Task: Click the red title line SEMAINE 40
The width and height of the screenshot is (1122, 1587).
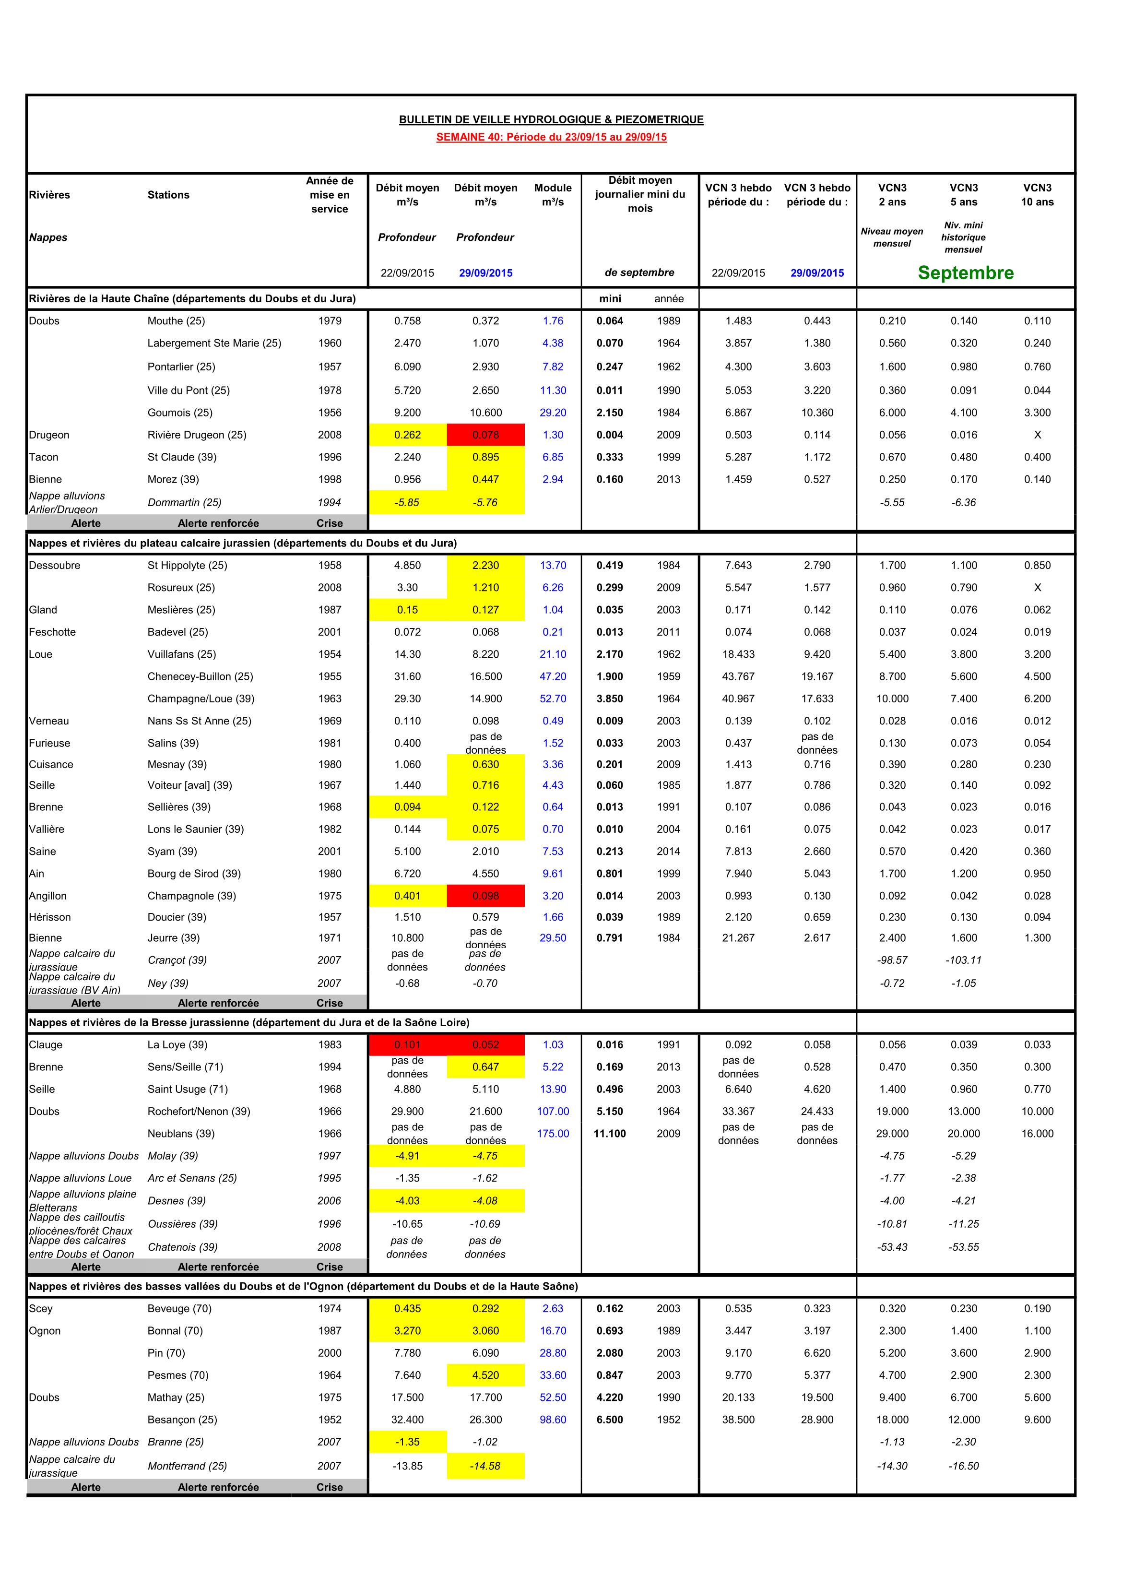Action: [x=551, y=137]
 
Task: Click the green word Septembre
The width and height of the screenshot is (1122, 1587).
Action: [x=965, y=273]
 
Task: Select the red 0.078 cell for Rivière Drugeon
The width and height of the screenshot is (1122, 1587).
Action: [x=485, y=435]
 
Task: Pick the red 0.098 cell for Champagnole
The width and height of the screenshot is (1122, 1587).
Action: [x=485, y=896]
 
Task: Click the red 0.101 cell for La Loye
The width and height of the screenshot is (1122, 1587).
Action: [x=407, y=1044]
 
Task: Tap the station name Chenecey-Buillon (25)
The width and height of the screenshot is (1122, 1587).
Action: [x=200, y=677]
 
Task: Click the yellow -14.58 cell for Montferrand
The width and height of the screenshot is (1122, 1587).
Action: [x=485, y=1466]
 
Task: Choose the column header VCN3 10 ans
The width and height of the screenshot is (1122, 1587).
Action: [x=1037, y=195]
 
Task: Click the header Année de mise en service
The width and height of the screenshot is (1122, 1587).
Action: [x=329, y=195]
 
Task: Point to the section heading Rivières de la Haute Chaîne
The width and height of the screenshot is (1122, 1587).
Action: [x=192, y=298]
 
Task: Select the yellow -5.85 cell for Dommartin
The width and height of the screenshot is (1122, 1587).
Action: [x=407, y=502]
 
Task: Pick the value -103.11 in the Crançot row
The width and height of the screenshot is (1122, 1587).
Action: [x=964, y=960]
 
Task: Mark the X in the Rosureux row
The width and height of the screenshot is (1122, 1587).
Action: [x=1037, y=588]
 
